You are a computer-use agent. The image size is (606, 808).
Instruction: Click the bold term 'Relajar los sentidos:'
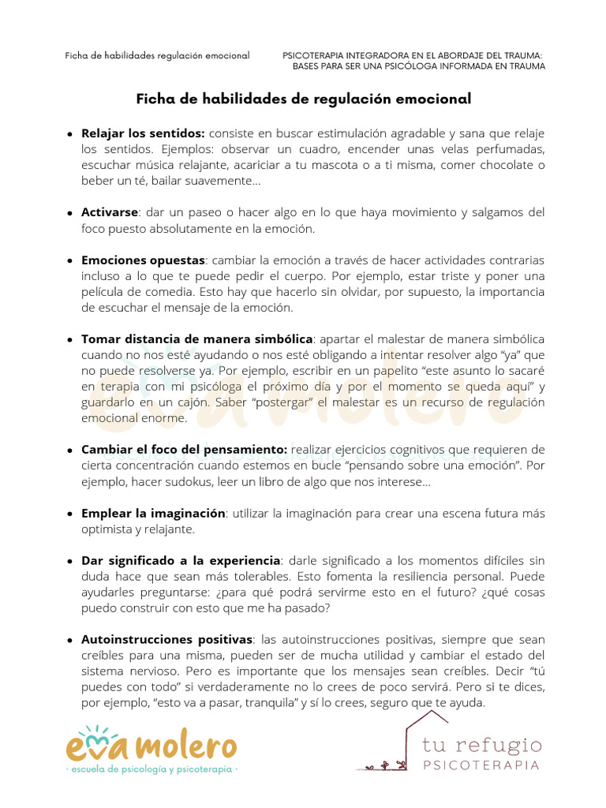point(143,133)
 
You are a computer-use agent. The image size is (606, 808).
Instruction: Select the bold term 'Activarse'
point(110,213)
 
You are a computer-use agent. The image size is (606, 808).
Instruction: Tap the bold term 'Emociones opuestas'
point(143,260)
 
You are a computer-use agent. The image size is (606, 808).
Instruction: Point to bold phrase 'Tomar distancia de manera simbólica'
point(197,339)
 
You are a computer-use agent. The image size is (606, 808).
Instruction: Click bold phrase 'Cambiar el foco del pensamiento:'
point(185,450)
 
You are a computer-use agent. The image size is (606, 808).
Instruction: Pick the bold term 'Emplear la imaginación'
point(153,513)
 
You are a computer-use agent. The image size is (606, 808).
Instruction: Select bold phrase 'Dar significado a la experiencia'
point(181,560)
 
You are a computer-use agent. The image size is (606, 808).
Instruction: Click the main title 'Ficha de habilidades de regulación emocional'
point(304,99)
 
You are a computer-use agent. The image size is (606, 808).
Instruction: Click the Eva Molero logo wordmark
point(150,746)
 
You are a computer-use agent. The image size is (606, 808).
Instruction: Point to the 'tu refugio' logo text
point(482,746)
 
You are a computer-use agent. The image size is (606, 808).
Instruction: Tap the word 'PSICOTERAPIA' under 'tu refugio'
point(482,765)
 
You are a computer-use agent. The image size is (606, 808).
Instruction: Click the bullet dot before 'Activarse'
point(71,213)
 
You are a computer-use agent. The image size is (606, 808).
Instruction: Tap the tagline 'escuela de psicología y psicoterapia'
point(151,768)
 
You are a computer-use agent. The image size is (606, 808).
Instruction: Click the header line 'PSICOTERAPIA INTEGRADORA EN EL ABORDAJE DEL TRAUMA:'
point(413,55)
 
